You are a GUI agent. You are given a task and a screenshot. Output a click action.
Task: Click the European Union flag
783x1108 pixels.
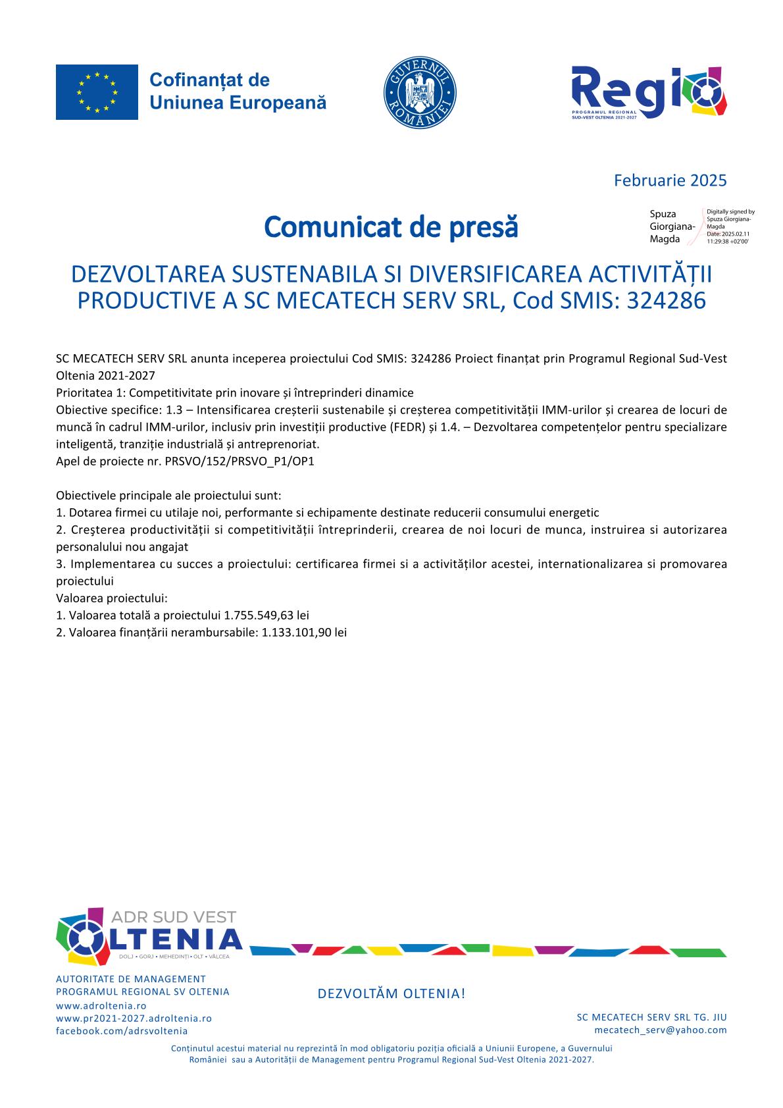click(x=97, y=92)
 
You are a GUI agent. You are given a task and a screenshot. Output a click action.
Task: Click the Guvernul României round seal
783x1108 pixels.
click(x=420, y=92)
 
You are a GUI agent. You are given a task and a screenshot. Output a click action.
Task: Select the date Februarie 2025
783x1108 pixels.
click(x=670, y=180)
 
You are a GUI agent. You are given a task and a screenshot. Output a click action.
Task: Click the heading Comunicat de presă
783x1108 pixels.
click(x=391, y=227)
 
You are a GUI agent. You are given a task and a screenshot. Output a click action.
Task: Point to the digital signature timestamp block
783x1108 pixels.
click(x=730, y=227)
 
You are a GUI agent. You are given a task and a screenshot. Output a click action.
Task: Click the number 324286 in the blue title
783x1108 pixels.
click(x=666, y=300)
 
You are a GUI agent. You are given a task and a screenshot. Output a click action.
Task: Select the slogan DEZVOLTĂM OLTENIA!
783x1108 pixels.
click(x=391, y=993)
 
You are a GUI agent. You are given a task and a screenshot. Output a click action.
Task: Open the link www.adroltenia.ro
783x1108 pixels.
click(x=101, y=1006)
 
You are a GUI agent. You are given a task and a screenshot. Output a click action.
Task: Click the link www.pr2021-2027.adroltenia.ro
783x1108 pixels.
click(x=134, y=1018)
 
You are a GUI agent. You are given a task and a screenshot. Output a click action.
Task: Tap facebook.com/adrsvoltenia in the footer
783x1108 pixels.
click(x=122, y=1030)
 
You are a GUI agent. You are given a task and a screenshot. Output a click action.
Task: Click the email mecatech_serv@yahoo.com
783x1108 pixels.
click(x=660, y=1030)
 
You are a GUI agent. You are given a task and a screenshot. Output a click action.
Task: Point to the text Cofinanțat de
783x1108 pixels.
click(x=209, y=80)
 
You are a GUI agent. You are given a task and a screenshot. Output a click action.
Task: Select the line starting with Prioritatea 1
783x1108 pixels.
click(x=235, y=393)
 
